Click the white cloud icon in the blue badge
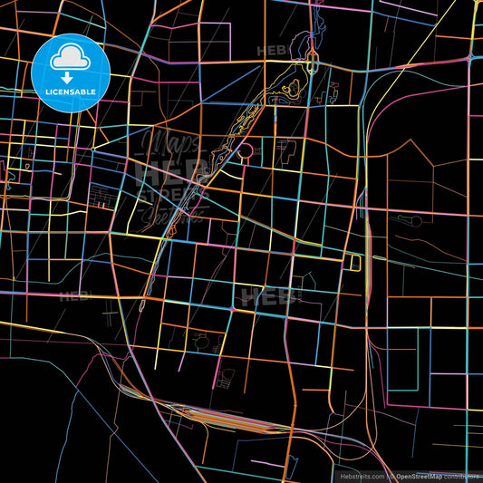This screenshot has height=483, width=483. pos(69,58)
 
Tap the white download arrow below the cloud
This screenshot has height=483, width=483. pos(69,79)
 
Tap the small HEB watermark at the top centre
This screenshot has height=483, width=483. pos(271,51)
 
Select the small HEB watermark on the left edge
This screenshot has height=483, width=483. pos(74,295)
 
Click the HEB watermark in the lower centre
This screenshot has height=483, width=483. pos(267,296)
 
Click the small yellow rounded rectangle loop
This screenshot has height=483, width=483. pos(354,262)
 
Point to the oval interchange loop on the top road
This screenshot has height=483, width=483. pos(311,63)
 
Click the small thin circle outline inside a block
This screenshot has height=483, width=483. pos(201,342)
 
